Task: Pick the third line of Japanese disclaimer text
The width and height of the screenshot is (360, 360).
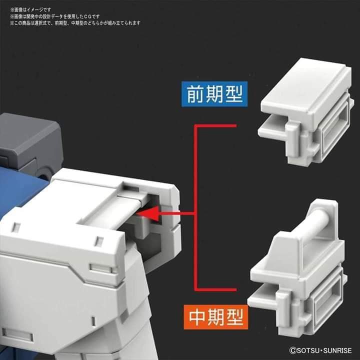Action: pos(75,23)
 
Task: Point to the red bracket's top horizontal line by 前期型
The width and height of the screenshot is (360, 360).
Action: pos(215,126)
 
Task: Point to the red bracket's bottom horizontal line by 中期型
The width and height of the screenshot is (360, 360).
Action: pos(215,288)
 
